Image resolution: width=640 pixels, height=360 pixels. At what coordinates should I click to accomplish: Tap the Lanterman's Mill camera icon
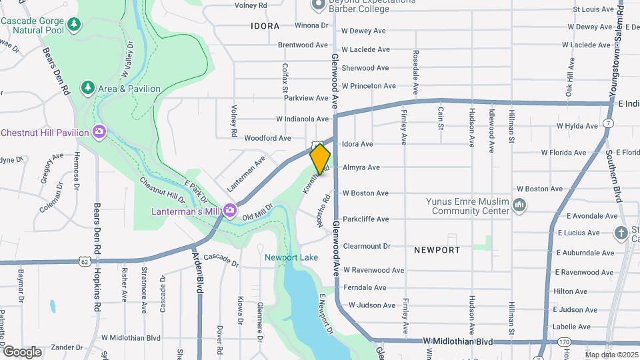[x=230, y=211]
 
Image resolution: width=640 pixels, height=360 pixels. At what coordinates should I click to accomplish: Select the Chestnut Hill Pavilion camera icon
[x=100, y=132]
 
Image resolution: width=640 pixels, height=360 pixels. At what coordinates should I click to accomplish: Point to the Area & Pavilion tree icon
[x=87, y=88]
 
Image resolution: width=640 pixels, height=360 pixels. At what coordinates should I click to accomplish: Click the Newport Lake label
[x=291, y=257]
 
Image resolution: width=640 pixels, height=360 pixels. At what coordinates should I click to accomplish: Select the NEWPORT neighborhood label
[x=437, y=250]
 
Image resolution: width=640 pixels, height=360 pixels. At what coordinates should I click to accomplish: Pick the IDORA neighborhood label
[x=265, y=26]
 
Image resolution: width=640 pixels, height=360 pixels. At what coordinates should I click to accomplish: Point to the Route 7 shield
[x=609, y=124]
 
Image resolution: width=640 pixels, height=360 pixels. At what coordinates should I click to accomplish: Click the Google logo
[x=22, y=351]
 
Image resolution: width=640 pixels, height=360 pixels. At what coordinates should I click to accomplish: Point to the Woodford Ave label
[x=267, y=138]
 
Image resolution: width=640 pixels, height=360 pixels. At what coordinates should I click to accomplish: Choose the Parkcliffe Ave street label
[x=365, y=219]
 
